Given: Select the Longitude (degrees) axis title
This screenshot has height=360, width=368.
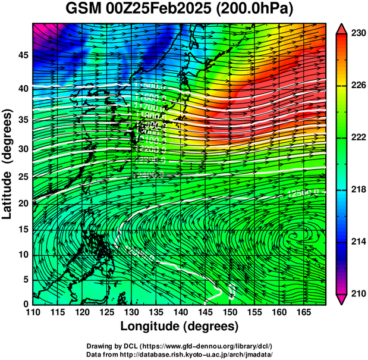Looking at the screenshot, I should (x=179, y=327).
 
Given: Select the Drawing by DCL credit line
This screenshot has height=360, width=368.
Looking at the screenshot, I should (x=179, y=346).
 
